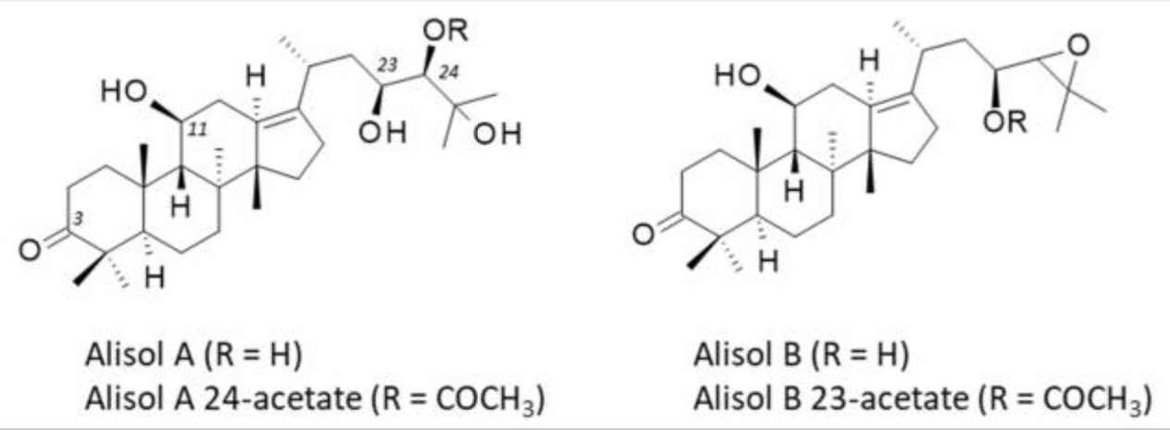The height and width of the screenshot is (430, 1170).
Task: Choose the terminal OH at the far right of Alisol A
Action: point(501,136)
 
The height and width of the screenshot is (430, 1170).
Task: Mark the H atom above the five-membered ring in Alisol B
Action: point(868,61)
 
